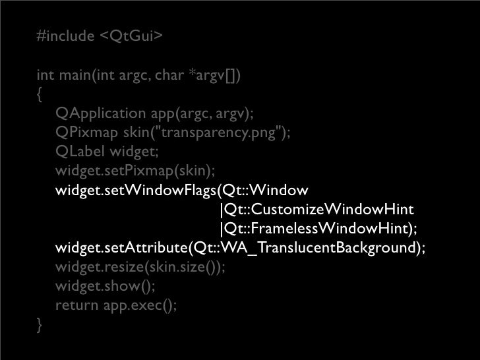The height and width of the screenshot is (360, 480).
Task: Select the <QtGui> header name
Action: tap(130, 36)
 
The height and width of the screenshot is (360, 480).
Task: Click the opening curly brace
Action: tap(41, 95)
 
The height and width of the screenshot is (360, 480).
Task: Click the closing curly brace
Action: tap(41, 324)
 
